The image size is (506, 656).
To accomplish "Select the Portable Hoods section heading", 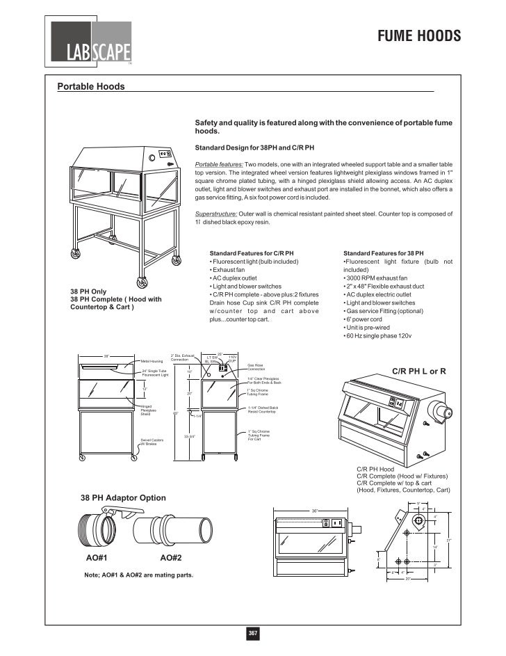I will point(90,87).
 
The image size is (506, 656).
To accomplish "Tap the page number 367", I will point(253,633).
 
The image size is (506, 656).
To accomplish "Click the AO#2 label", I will point(171,558).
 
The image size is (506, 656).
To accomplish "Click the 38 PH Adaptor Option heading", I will point(123,498).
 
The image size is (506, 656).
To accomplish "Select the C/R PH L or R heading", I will point(420,371).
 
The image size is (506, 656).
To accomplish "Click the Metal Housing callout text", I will point(152,362).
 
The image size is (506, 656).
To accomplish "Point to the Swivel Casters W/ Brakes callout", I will point(152,442).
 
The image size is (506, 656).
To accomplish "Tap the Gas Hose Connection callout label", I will point(256,367).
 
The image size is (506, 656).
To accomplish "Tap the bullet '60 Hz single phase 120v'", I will point(379,336).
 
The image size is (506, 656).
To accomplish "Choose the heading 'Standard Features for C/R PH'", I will point(252,253).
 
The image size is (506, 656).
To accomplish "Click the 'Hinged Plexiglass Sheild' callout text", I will point(149,410).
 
